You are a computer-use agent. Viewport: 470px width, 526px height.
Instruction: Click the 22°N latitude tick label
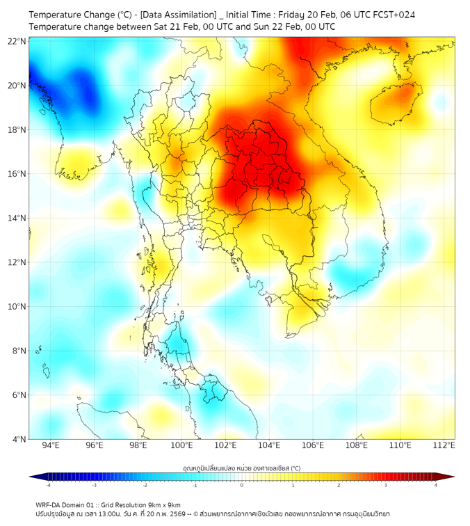point(17,42)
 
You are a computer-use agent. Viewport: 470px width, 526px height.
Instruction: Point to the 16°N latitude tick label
point(17,174)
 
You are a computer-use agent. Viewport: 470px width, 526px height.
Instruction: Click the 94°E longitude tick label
point(50,445)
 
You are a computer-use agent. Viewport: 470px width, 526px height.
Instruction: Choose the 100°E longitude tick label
point(181,445)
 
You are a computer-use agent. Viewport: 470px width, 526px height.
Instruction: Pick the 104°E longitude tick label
point(269,445)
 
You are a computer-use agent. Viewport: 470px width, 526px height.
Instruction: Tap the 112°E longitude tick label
point(444,445)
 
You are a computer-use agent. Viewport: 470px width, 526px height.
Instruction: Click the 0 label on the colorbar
point(241,485)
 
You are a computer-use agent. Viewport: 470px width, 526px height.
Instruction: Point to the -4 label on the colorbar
point(48,485)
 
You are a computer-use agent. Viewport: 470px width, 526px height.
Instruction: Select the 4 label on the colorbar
point(435,485)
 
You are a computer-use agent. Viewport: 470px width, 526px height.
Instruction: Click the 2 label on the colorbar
point(339,485)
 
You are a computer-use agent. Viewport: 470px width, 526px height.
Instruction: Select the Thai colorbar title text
point(241,468)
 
